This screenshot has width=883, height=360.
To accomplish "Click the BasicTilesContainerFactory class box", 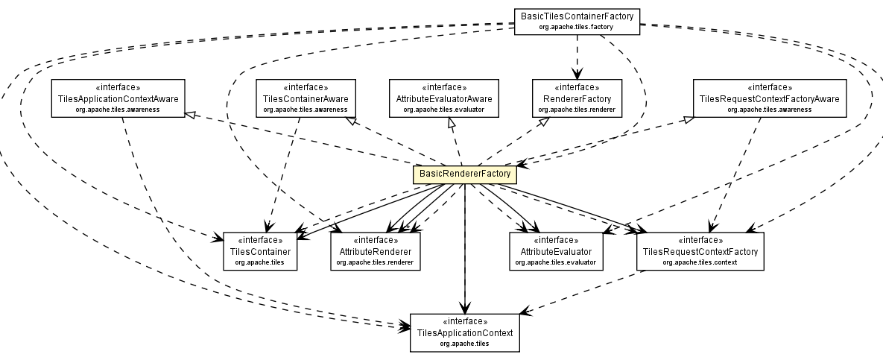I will [577, 20].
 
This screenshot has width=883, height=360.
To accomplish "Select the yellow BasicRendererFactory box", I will [465, 174].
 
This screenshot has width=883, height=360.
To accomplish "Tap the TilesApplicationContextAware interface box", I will [118, 98].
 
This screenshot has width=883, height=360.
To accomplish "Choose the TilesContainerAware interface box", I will [305, 98].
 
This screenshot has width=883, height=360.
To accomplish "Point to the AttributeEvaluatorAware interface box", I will [444, 98].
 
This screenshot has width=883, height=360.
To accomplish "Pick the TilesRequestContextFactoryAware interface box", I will [769, 98].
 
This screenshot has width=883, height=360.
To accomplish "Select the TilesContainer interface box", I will [259, 252].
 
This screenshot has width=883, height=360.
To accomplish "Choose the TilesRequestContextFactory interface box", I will [700, 252].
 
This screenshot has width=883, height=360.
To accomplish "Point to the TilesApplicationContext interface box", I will [464, 332].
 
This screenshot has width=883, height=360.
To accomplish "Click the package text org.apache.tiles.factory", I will [577, 27].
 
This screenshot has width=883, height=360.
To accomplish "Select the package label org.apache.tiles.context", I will [700, 263].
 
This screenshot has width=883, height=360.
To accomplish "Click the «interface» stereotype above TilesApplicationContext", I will [464, 321].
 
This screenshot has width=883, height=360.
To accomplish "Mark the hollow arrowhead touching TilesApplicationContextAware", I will [190, 114].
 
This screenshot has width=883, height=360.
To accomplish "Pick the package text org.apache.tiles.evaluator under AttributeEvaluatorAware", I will [444, 110].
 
